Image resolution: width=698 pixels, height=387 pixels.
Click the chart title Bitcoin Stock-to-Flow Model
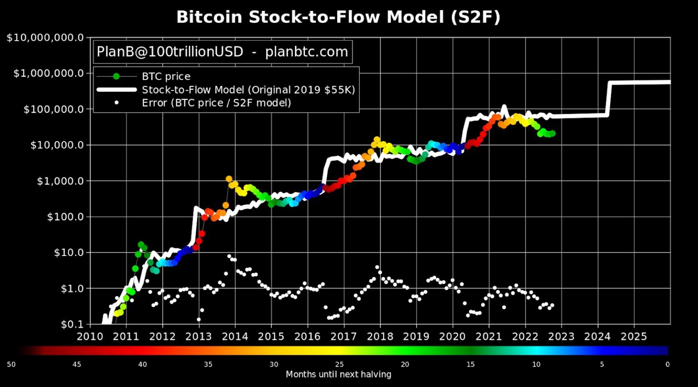(x=338, y=17)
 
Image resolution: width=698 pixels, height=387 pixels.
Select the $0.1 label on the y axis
(x=72, y=324)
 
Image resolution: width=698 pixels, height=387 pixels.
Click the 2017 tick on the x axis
(x=344, y=337)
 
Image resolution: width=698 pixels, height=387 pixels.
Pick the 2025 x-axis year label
(x=633, y=337)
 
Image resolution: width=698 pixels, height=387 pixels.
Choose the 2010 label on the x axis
(x=90, y=337)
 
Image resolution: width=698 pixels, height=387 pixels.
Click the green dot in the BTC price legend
(x=116, y=76)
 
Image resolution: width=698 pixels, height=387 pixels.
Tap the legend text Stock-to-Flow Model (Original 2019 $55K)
(x=248, y=90)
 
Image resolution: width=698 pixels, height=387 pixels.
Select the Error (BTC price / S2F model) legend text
(x=216, y=103)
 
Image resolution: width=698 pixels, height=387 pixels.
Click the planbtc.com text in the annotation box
(x=306, y=52)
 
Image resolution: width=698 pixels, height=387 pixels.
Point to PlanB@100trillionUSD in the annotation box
(x=170, y=52)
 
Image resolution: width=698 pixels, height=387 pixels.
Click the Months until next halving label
(x=338, y=374)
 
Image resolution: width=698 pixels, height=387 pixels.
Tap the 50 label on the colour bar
(x=11, y=364)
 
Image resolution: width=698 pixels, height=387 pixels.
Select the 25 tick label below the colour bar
(x=339, y=364)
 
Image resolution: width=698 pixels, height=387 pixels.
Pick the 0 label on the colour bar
(x=667, y=364)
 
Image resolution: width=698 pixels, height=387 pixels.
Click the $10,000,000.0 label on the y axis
(x=45, y=38)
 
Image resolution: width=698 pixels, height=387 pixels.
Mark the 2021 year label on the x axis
(x=489, y=337)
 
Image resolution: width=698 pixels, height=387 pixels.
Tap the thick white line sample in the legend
(x=116, y=90)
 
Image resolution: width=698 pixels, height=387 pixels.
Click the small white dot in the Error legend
(x=116, y=103)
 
